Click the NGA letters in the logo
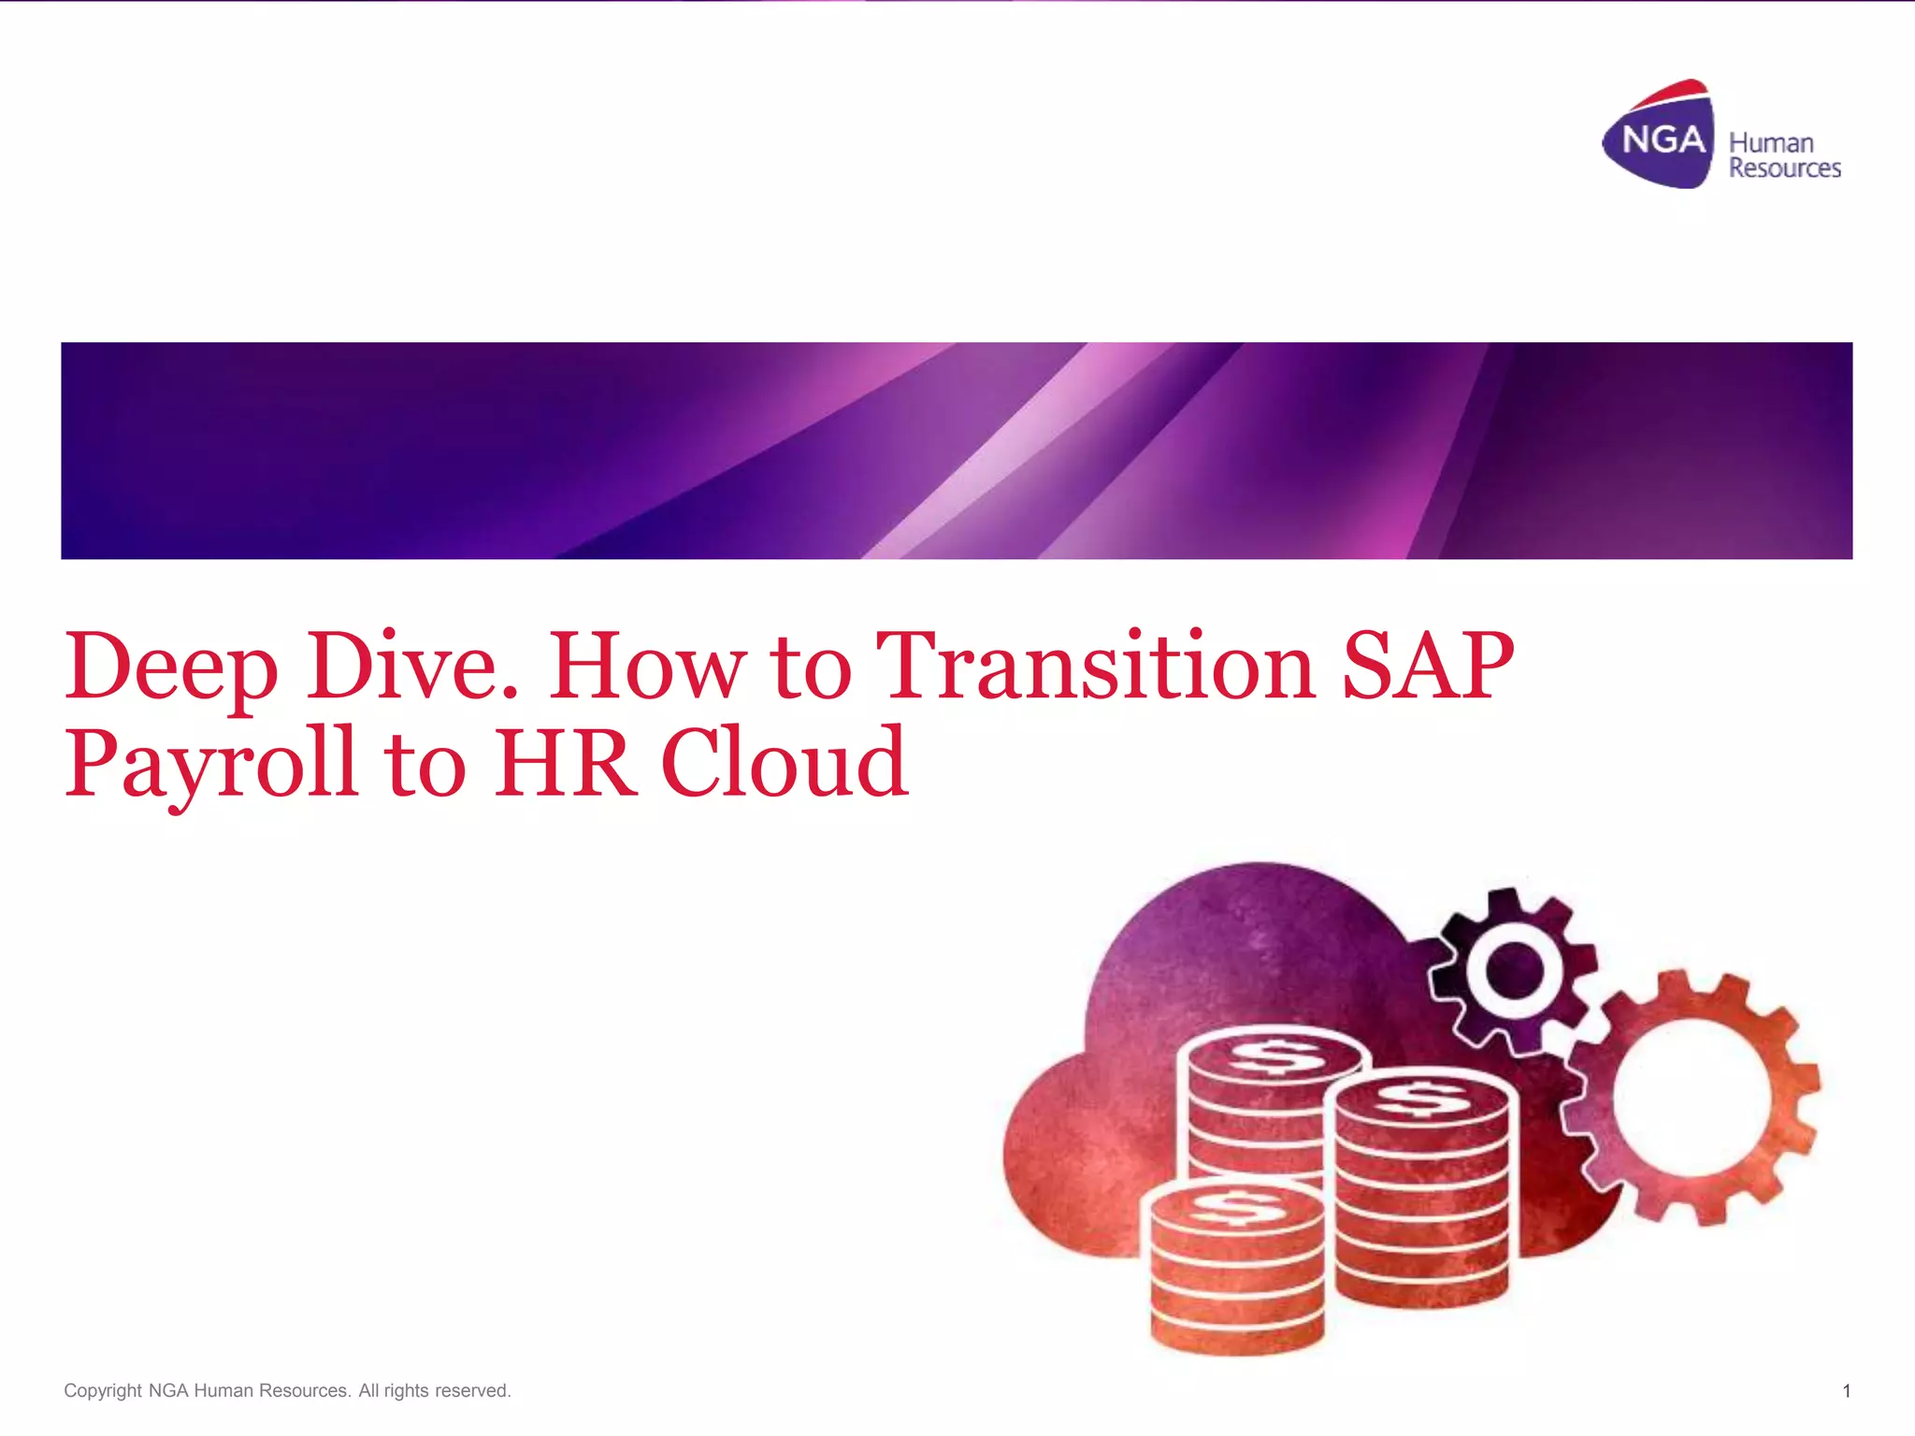coord(1663,141)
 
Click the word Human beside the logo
coord(1771,143)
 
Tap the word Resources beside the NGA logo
coord(1784,168)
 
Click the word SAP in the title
coord(1427,666)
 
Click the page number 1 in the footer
coord(1846,1391)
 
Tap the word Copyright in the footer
coord(103,1391)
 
